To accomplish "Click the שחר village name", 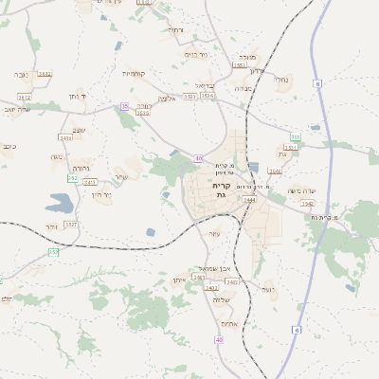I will point(119,177).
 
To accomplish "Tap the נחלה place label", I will point(283,81).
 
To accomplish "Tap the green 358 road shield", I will point(296,136).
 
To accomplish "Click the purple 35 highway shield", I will point(124,106).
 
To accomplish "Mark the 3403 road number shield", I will point(199,278).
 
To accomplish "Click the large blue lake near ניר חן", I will point(60,202).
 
